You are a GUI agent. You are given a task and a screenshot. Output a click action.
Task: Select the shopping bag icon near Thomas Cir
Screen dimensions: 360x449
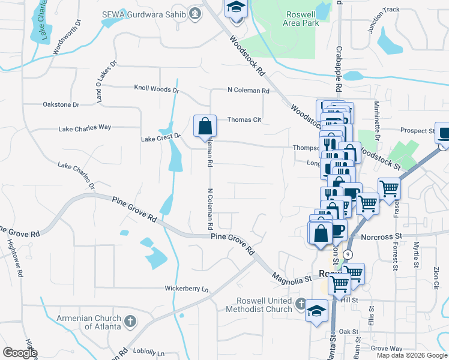(x=205, y=126)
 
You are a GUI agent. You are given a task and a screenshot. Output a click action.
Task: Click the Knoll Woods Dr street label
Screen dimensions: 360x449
(x=157, y=89)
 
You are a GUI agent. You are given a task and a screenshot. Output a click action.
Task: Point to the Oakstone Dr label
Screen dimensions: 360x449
(x=61, y=104)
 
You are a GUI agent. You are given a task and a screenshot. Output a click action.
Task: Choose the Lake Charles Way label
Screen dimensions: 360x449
(x=85, y=128)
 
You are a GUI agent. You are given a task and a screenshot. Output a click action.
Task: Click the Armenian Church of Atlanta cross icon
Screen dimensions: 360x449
(x=130, y=322)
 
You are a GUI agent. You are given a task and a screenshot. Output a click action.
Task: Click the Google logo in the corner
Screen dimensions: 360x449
(x=20, y=353)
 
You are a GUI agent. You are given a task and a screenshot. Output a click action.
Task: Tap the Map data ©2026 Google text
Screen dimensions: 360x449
(x=412, y=355)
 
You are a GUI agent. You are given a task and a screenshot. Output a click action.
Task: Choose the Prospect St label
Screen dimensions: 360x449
(x=417, y=131)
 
